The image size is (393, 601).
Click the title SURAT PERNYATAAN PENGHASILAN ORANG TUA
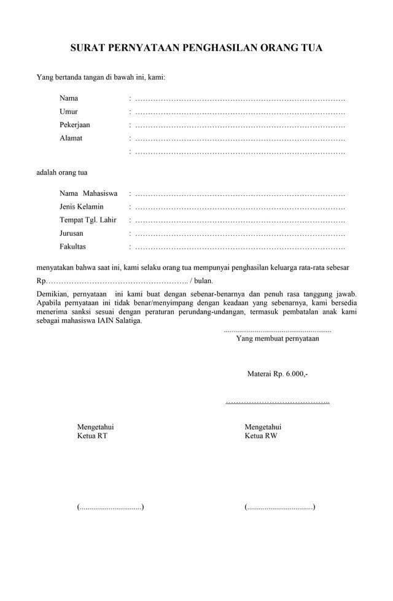pyautogui.click(x=196, y=48)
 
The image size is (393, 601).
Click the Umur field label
pyautogui.click(x=68, y=111)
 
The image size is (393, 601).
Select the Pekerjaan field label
pyautogui.click(x=75, y=125)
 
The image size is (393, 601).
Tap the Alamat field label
pyautogui.click(x=71, y=138)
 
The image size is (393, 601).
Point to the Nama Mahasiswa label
pyautogui.click(x=88, y=193)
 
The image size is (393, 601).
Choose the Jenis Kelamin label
pyautogui.click(x=82, y=207)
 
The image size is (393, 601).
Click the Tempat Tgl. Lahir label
pyautogui.click(x=88, y=220)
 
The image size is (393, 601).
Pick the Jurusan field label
pyautogui.click(x=71, y=234)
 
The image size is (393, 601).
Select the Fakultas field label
pyautogui.click(x=72, y=247)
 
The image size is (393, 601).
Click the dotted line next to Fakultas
pyautogui.click(x=239, y=247)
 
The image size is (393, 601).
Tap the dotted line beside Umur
pyautogui.click(x=239, y=112)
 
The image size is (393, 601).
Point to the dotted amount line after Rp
pyautogui.click(x=117, y=281)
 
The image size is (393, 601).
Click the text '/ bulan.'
pyautogui.click(x=202, y=281)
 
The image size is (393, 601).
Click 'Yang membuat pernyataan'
pyautogui.click(x=278, y=338)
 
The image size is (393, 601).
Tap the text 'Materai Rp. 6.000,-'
pyautogui.click(x=278, y=373)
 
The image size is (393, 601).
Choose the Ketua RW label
pyautogui.click(x=261, y=436)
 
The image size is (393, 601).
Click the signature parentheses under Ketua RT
pyautogui.click(x=111, y=507)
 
